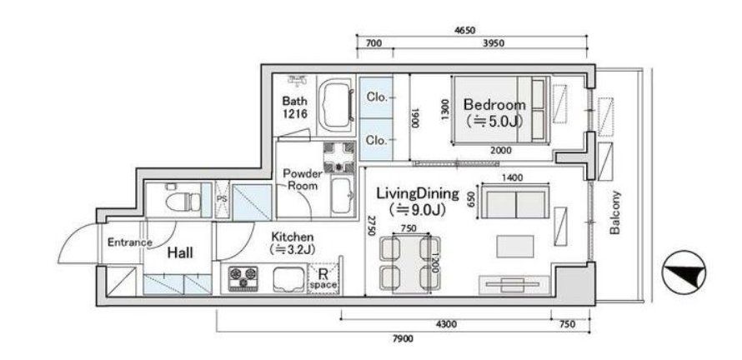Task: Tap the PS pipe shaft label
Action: (x=221, y=200)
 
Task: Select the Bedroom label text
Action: (x=494, y=105)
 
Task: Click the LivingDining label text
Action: (x=418, y=193)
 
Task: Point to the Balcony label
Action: (x=615, y=212)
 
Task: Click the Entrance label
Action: (x=129, y=242)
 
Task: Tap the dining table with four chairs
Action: (x=408, y=262)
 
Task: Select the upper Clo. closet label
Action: (x=377, y=97)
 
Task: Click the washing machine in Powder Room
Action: (x=339, y=155)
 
